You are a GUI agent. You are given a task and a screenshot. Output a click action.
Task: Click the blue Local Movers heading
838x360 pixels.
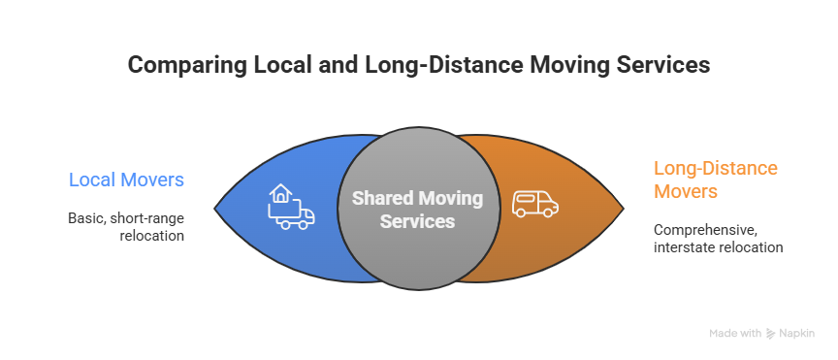[126, 180]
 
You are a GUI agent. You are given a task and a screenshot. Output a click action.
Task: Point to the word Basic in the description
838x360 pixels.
[84, 217]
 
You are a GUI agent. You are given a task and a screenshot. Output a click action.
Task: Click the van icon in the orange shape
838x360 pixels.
[534, 203]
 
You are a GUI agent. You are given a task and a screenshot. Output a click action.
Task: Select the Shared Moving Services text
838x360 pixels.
[417, 210]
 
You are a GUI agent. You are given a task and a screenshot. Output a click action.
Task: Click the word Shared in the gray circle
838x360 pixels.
[377, 198]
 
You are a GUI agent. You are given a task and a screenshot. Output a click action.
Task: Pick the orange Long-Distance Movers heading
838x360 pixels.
[715, 180]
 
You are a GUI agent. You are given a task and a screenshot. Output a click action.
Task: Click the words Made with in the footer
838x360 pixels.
[735, 333]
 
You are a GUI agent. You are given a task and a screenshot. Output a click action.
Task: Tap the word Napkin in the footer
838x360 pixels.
[796, 333]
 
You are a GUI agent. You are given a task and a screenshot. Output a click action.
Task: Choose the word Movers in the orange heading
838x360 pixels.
[686, 191]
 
